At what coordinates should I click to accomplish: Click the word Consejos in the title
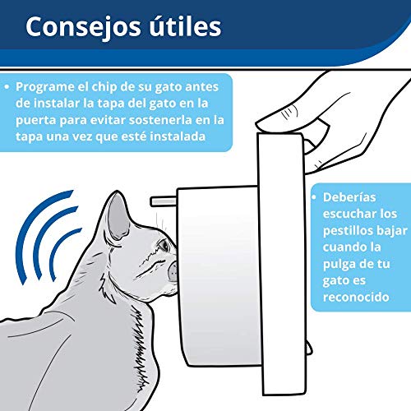tap(82, 27)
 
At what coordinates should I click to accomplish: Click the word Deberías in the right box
tap(349, 197)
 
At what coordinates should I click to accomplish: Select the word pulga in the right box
tap(337, 265)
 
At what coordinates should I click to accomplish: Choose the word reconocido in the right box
tap(356, 298)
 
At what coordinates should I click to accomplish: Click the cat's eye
tap(164, 245)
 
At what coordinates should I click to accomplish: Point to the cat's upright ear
tap(118, 217)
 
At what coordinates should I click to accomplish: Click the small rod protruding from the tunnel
tap(164, 201)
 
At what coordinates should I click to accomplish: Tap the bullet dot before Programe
tap(7, 87)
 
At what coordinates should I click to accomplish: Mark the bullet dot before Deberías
tap(314, 197)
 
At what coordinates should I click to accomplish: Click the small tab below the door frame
tap(309, 348)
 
